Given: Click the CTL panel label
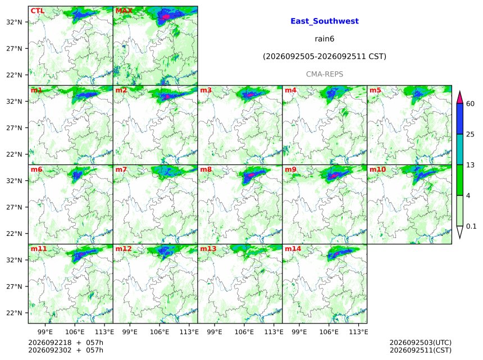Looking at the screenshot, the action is coord(37,11).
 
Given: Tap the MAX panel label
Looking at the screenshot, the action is coord(124,11).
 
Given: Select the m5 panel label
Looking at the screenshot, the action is coord(375,90).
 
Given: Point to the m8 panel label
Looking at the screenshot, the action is coord(206,170).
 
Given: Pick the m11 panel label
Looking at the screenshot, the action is coord(39,249).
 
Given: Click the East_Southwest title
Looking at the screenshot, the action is coord(325,21).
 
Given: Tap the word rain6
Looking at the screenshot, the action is coord(325,39).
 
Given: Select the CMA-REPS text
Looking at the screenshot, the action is coord(325,74).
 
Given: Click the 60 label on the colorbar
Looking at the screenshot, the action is coord(470,103).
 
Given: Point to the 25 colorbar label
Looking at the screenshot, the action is coord(470,134).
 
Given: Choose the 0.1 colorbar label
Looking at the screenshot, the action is coord(471,226).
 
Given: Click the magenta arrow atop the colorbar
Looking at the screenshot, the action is coord(459,98).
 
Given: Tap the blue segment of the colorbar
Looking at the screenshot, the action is coord(459,119).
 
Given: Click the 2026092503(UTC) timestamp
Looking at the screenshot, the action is coord(421,343).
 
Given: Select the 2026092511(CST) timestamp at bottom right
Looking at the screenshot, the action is coord(421,350).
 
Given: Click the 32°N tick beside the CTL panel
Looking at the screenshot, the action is coord(14,22).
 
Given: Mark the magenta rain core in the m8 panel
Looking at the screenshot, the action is coord(251,175).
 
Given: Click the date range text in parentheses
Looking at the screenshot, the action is coord(325,57).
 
